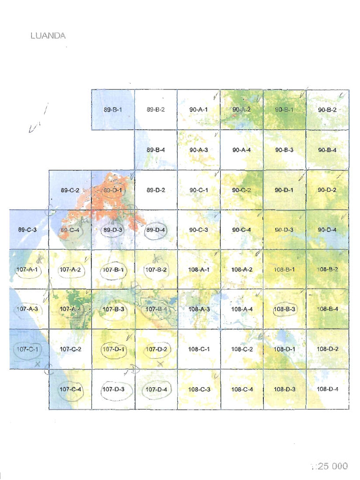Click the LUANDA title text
point(48,36)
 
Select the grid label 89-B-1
point(112,110)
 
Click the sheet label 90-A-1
point(198,110)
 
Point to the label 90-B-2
point(327,110)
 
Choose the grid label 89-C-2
point(70,190)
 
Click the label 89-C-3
point(27,230)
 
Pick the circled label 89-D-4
point(156,230)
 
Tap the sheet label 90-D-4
point(327,230)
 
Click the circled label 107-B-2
point(156,270)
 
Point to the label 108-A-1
point(199,270)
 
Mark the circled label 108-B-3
point(284,309)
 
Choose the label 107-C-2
point(70,349)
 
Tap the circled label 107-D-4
point(156,389)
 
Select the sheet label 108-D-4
point(327,389)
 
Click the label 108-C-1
point(199,349)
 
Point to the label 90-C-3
point(199,230)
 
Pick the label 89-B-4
point(156,150)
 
